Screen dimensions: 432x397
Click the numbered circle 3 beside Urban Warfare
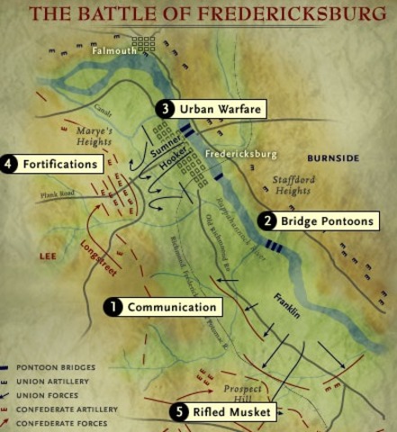(164, 109)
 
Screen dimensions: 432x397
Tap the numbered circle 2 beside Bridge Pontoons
(266, 220)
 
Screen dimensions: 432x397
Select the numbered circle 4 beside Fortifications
(9, 165)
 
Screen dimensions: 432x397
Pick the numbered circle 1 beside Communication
(113, 307)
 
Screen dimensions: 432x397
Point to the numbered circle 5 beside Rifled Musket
(178, 412)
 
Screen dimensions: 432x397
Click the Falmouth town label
(113, 51)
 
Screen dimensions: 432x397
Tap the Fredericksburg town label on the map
(240, 154)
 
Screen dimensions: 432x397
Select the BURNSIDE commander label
(333, 158)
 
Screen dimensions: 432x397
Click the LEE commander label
(48, 256)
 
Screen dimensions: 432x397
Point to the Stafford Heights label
(293, 185)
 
